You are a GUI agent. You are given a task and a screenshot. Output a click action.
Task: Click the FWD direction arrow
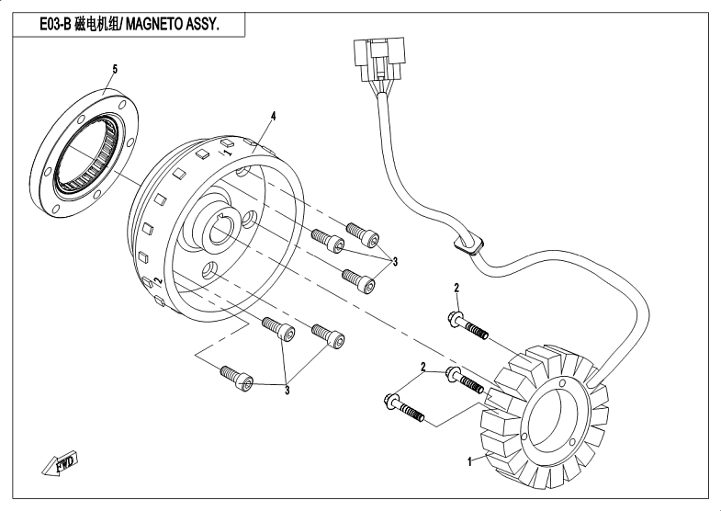click(60, 463)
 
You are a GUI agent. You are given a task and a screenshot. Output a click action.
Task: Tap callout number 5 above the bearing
click(115, 69)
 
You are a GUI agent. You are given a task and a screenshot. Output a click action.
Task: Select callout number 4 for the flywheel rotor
click(273, 116)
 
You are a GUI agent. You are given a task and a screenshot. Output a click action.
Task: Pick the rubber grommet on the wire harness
click(469, 244)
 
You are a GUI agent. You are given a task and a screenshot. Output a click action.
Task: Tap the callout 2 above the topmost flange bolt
click(456, 290)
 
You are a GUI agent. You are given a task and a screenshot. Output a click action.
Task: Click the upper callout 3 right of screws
click(396, 262)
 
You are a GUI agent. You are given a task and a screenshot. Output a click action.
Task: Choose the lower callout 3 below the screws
click(287, 391)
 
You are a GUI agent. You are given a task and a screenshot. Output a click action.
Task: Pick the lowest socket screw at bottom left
click(234, 374)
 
